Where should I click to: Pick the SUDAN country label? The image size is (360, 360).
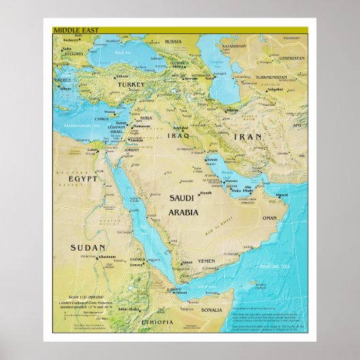point(88,248)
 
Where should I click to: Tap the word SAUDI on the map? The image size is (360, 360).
point(183,199)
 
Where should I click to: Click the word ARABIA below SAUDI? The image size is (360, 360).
point(183,212)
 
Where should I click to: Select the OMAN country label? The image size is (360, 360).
point(270,218)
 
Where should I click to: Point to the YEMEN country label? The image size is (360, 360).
point(206,261)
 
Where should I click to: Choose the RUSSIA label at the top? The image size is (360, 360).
point(173,41)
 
